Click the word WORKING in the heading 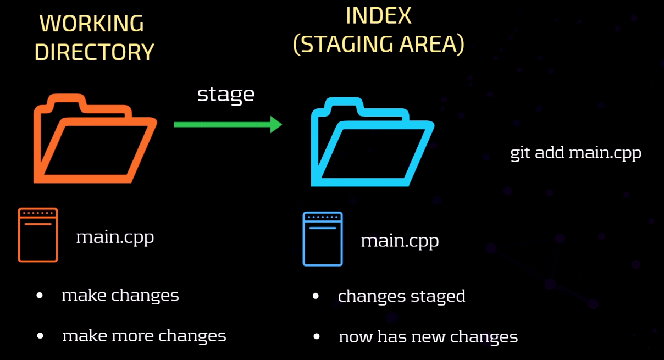pos(92,24)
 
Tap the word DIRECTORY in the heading pos(94,52)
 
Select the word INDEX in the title pos(379,16)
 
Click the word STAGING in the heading pos(344,45)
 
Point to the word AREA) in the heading pos(432,45)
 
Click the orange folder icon pos(95,139)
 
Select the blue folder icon pos(372,142)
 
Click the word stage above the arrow pos(226,95)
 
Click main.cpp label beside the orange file pos(115,237)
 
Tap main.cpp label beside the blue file pos(400,241)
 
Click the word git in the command pos(520,153)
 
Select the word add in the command pos(550,153)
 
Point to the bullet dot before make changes pos(40,295)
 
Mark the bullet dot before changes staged pos(316,296)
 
